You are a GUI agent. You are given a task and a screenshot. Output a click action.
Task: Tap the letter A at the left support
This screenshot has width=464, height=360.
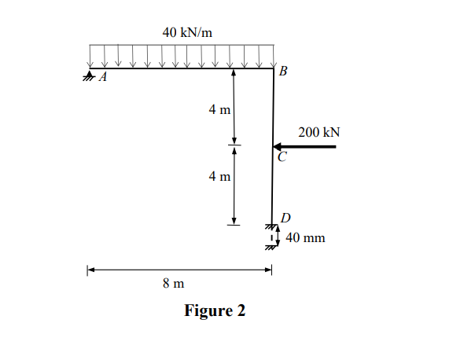[102, 79]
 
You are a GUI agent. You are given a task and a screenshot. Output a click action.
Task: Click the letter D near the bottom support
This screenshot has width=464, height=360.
[285, 217]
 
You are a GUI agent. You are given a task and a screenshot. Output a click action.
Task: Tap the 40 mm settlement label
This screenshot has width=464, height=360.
[305, 237]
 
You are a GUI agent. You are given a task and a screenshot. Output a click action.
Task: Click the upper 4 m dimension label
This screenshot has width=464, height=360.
[219, 109]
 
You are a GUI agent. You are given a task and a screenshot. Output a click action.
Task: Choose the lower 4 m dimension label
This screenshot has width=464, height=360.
[219, 176]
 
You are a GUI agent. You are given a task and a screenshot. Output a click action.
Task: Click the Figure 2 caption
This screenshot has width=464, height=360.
[215, 310]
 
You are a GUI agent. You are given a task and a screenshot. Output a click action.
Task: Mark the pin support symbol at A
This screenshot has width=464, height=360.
[89, 76]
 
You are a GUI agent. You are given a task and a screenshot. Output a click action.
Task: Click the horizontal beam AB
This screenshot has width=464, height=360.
[181, 68]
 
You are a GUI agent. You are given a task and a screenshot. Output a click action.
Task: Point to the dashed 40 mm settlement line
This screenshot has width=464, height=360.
[271, 237]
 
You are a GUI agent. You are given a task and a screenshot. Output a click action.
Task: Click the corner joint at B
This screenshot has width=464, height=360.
[272, 68]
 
